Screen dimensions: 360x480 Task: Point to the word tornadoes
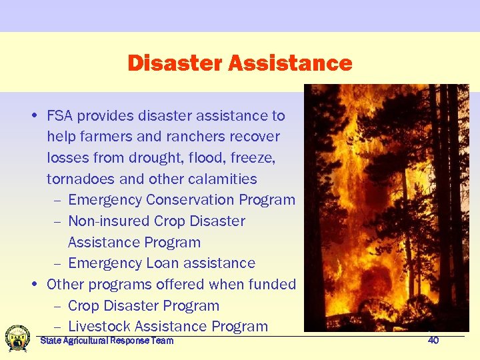(80, 179)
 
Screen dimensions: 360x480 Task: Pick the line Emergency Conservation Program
(181, 200)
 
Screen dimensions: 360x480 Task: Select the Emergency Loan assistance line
(161, 263)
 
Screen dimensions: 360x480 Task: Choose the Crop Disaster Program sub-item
(143, 306)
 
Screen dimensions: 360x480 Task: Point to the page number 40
(433, 341)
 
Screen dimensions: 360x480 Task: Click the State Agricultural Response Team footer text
(107, 341)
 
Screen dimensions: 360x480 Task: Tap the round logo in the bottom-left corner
(17, 338)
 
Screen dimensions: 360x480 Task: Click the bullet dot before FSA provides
(34, 117)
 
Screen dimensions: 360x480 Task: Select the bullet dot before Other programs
(34, 285)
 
